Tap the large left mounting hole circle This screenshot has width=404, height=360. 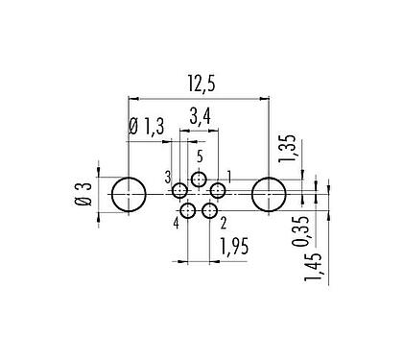[128, 195]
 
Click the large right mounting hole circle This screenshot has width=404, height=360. [269, 195]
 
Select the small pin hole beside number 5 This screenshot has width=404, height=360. [199, 179]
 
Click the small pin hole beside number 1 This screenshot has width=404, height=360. [218, 190]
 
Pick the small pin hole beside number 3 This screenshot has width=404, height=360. [180, 190]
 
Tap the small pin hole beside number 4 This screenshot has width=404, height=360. [188, 211]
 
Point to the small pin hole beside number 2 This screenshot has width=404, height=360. [210, 211]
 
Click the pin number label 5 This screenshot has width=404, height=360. [199, 156]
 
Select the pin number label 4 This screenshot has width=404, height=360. [177, 225]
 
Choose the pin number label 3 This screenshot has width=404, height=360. [167, 178]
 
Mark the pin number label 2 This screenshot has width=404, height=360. [223, 224]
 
